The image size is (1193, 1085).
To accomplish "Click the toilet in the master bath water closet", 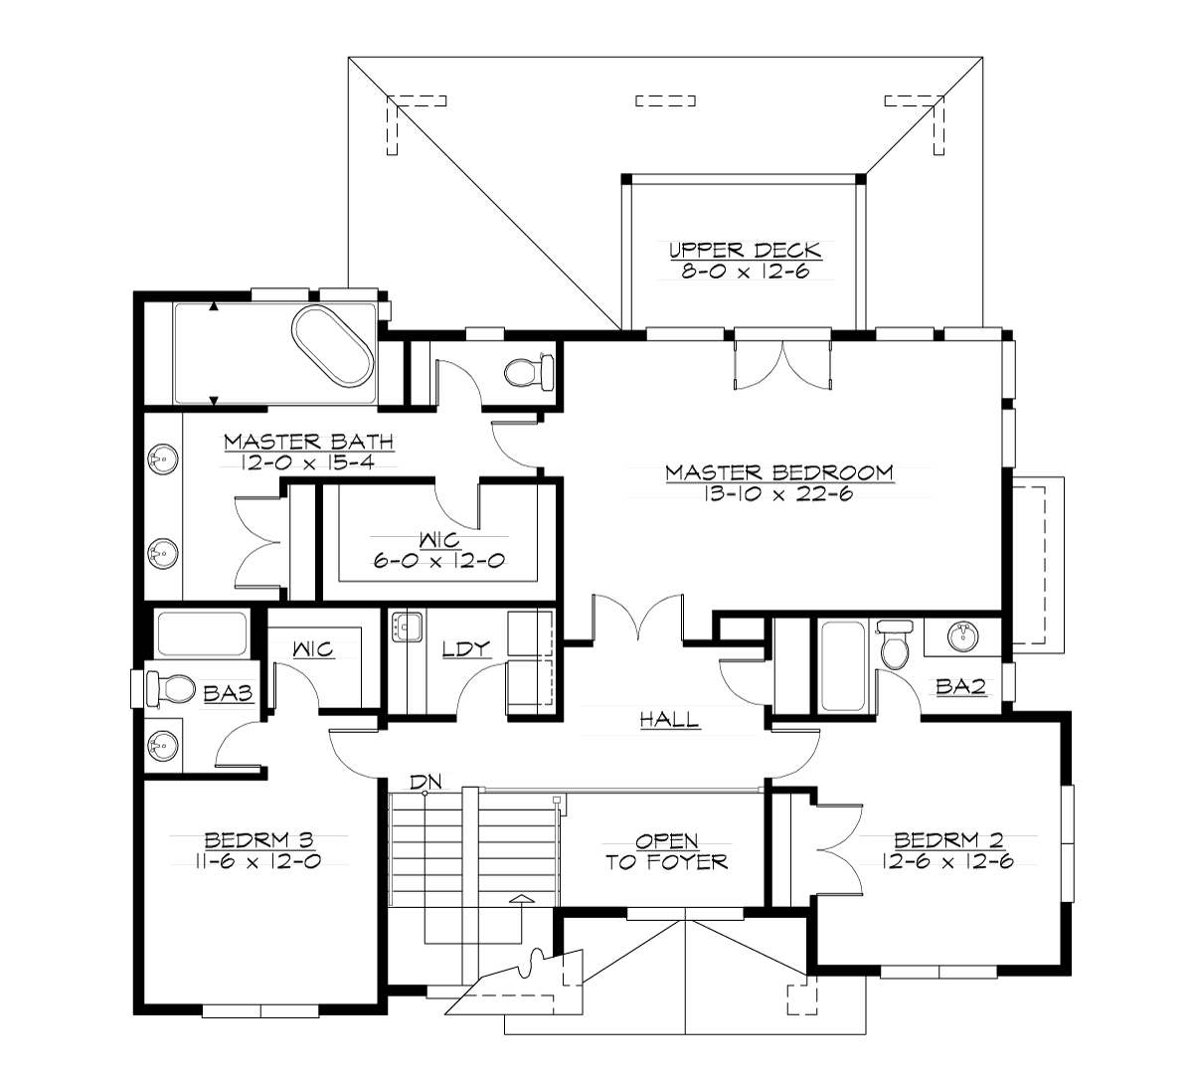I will pos(526,373).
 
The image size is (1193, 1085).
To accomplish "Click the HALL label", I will pos(670,719).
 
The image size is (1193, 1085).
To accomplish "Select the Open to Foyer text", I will pos(667,851).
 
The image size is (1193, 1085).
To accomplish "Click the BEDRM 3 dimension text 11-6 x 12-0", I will pos(257,862).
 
